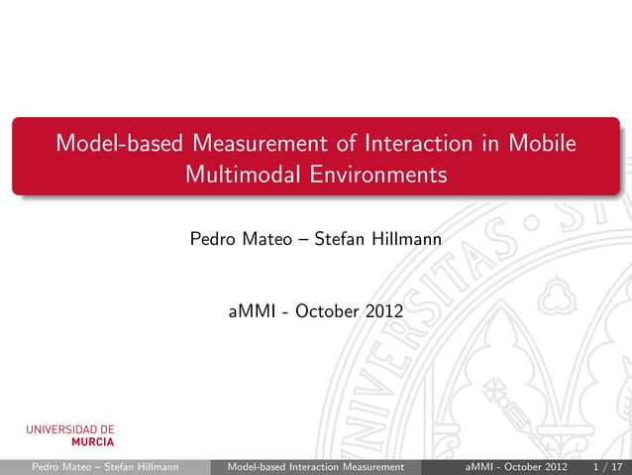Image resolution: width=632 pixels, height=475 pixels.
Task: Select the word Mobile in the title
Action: click(x=540, y=144)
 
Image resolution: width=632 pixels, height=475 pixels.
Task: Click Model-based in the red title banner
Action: click(x=118, y=144)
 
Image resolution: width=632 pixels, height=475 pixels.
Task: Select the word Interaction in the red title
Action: click(x=416, y=144)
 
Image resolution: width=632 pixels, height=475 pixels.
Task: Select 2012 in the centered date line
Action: click(x=384, y=312)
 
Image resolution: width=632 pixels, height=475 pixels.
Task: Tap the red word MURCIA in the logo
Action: click(x=91, y=442)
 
